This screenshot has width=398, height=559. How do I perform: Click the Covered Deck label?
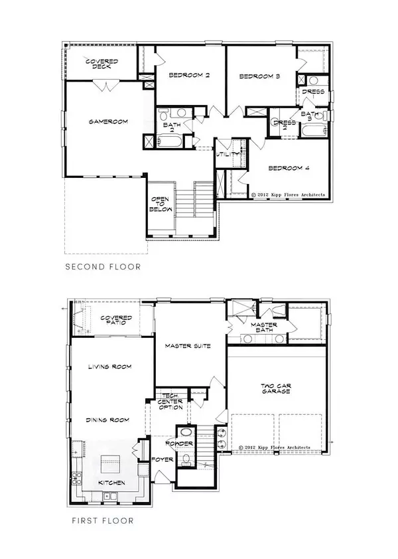(102, 64)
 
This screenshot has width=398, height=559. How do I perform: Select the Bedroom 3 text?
(259, 77)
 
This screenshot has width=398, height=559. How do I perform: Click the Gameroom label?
(108, 121)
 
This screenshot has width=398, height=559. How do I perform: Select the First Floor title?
(102, 521)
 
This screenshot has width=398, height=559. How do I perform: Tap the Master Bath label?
(263, 327)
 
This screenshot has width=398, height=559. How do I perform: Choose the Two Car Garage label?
(277, 388)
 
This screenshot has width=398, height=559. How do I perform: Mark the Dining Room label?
(108, 420)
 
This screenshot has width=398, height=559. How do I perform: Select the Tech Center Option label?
(170, 402)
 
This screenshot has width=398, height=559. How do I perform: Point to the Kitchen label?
(109, 483)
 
